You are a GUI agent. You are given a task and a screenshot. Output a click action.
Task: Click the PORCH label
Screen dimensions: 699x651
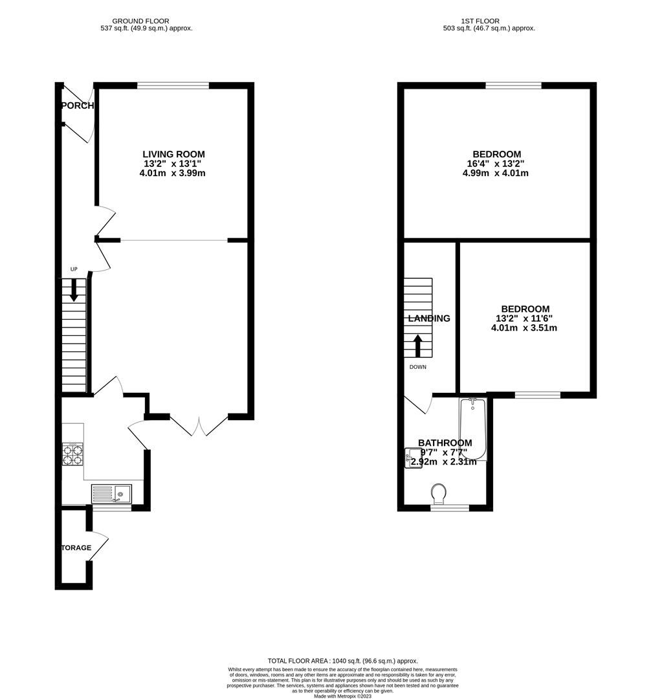click(x=78, y=105)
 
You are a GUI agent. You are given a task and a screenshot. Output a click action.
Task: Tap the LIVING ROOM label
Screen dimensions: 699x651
click(x=173, y=154)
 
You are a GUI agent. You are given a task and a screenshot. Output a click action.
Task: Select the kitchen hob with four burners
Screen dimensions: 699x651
click(x=73, y=454)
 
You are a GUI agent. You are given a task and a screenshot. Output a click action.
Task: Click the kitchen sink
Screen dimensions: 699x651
click(x=111, y=494)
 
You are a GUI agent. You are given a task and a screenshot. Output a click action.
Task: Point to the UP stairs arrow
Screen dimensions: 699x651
click(x=73, y=289)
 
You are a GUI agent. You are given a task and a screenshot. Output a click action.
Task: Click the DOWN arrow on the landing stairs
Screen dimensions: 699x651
click(x=418, y=346)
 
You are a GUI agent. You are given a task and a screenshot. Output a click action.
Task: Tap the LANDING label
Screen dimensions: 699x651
click(x=429, y=318)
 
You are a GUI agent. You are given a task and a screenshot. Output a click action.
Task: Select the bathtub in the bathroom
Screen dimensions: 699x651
click(x=472, y=427)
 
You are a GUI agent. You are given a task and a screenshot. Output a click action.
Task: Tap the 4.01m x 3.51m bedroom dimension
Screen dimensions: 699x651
click(x=524, y=328)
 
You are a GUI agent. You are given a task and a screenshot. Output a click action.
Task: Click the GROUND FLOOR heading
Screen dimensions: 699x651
click(x=147, y=21)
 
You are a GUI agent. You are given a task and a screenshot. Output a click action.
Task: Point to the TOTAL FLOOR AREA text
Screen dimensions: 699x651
click(x=343, y=660)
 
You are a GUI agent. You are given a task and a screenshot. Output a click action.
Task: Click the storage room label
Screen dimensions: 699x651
click(x=76, y=548)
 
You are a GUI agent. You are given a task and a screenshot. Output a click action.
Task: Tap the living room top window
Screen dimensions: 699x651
click(x=173, y=85)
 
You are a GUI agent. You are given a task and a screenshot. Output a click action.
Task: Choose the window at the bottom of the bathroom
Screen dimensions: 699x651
click(x=450, y=508)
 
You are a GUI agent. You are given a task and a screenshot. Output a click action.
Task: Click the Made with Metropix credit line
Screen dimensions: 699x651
click(x=344, y=696)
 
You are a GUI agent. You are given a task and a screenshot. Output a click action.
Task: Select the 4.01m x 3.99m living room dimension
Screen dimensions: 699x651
click(x=173, y=173)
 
